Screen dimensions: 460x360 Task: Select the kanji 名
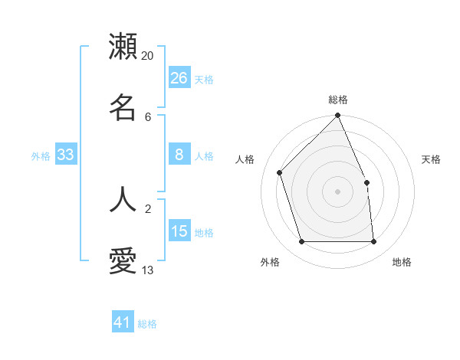pyautogui.click(x=123, y=107)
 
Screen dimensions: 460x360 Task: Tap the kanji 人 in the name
pyautogui.click(x=123, y=198)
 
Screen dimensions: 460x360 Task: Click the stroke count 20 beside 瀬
pyautogui.click(x=148, y=56)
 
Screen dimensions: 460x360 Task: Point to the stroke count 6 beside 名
pyautogui.click(x=148, y=117)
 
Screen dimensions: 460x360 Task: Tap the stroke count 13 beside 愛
pyautogui.click(x=148, y=270)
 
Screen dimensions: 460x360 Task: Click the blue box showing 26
pyautogui.click(x=179, y=78)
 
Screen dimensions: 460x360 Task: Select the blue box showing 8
pyautogui.click(x=179, y=155)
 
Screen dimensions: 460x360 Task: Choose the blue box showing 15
pyautogui.click(x=179, y=231)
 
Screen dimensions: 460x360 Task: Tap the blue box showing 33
pyautogui.click(x=66, y=155)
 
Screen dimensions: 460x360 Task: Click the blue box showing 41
pyautogui.click(x=123, y=323)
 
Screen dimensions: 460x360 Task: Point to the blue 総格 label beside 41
pyautogui.click(x=147, y=324)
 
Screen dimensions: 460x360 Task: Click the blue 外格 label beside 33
pyautogui.click(x=41, y=155)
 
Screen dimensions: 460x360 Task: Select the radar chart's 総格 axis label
pyautogui.click(x=338, y=100)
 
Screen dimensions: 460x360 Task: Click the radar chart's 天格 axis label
pyautogui.click(x=431, y=159)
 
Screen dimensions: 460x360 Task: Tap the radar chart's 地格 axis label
pyautogui.click(x=402, y=262)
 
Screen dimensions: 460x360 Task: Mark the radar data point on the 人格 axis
pyautogui.click(x=280, y=172)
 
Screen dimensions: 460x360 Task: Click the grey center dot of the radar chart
pyautogui.click(x=338, y=191)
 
